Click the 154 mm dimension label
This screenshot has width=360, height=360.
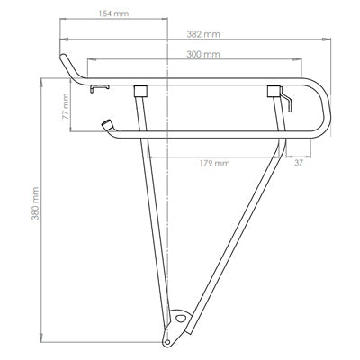(x=113, y=15)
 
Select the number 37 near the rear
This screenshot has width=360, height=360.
(x=299, y=164)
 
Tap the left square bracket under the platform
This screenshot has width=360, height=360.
(x=139, y=90)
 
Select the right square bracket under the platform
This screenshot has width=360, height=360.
(x=273, y=90)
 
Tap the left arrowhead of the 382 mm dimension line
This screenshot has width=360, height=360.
(x=63, y=39)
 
